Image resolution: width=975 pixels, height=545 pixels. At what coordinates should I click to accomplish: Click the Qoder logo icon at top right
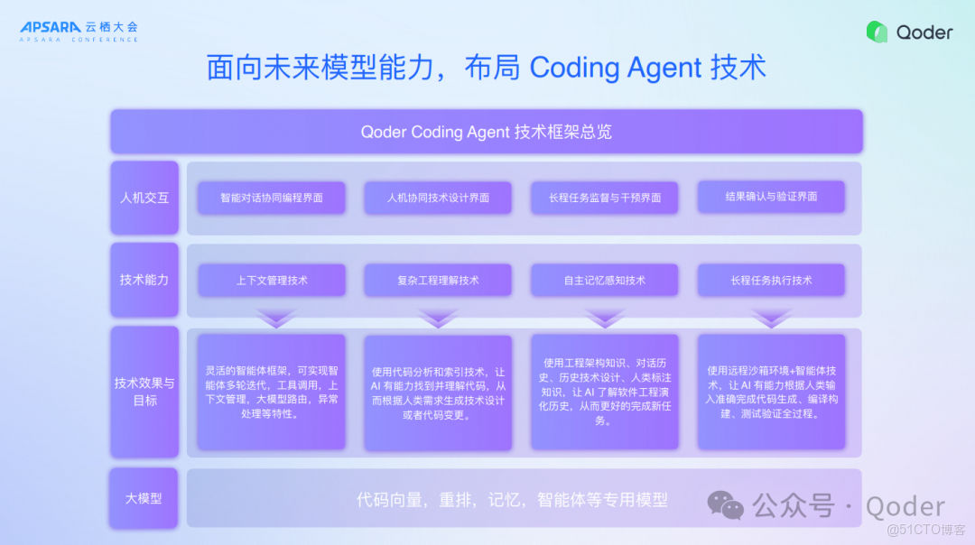(x=877, y=32)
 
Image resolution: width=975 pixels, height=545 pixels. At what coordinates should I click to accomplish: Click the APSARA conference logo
(x=79, y=32)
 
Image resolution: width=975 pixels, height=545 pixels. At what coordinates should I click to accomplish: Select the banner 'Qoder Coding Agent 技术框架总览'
(x=487, y=132)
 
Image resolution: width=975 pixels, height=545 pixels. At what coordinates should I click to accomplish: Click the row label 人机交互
(x=144, y=197)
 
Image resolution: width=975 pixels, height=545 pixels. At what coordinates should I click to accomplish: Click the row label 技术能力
(x=144, y=280)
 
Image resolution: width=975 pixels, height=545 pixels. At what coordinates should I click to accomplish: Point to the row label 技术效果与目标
(x=144, y=392)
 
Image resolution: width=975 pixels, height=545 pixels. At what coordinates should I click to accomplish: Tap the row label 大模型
(x=144, y=497)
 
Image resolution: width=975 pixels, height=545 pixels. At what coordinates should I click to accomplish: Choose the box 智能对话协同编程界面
(x=272, y=198)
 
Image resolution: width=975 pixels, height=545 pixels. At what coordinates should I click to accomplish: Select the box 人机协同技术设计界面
(x=438, y=198)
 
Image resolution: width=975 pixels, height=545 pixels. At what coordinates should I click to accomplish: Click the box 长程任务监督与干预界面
(x=605, y=198)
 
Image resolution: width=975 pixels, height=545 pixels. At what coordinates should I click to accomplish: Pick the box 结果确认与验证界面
(x=771, y=197)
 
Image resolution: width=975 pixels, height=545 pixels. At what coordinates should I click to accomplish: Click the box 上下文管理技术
(x=272, y=281)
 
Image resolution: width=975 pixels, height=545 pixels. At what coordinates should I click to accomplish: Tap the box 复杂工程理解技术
(x=438, y=281)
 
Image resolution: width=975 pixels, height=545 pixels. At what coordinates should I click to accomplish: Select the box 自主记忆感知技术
(x=605, y=281)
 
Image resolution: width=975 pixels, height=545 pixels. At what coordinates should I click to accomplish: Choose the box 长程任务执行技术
(x=771, y=281)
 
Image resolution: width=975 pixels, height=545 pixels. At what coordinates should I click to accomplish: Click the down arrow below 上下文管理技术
(x=275, y=319)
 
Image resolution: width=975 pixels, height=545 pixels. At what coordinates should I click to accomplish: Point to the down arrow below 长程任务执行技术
(x=771, y=319)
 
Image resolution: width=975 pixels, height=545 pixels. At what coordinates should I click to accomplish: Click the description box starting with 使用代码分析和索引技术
(x=438, y=393)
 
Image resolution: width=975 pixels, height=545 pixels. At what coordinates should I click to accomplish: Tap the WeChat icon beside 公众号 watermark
(x=727, y=505)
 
